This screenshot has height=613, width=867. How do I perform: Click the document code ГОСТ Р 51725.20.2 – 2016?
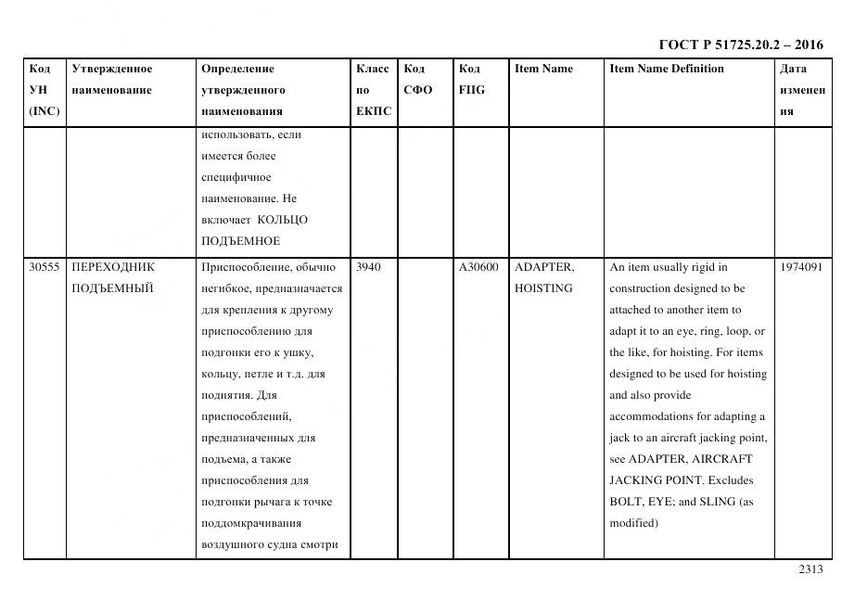point(740,45)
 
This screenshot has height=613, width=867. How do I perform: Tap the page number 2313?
point(810,569)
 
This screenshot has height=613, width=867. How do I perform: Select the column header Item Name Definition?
point(667,69)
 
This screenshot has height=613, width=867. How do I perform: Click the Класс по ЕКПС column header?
point(373,90)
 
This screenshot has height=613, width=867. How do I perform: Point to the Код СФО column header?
point(417,80)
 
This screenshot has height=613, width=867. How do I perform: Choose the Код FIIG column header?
point(471,80)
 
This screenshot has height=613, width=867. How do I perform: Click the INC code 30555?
point(45,267)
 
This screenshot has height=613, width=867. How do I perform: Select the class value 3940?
point(368,267)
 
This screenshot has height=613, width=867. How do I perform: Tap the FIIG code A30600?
point(478,267)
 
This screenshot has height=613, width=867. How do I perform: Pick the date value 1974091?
point(801,267)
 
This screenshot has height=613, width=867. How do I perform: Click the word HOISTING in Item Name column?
point(543,288)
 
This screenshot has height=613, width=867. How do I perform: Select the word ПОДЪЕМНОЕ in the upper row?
point(240,241)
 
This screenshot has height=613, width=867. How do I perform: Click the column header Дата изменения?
point(802,90)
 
